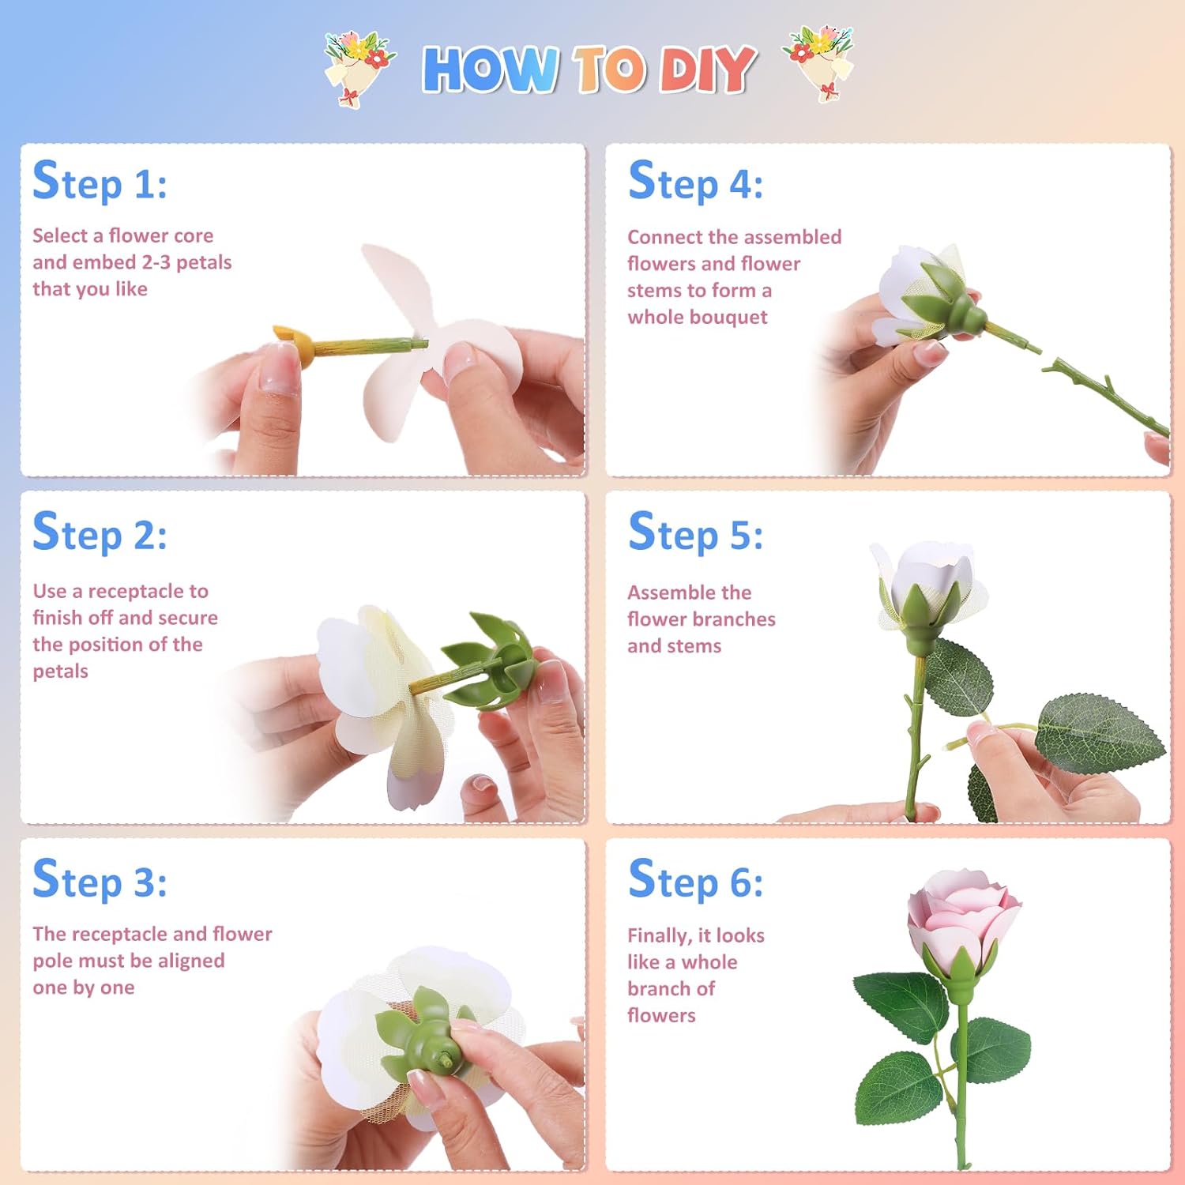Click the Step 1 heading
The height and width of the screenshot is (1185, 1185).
(100, 182)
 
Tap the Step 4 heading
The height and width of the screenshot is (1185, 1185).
(695, 182)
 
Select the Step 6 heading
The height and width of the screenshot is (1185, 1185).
(695, 879)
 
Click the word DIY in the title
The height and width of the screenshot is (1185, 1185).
(705, 70)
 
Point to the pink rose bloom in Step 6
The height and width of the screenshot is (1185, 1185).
(962, 916)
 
